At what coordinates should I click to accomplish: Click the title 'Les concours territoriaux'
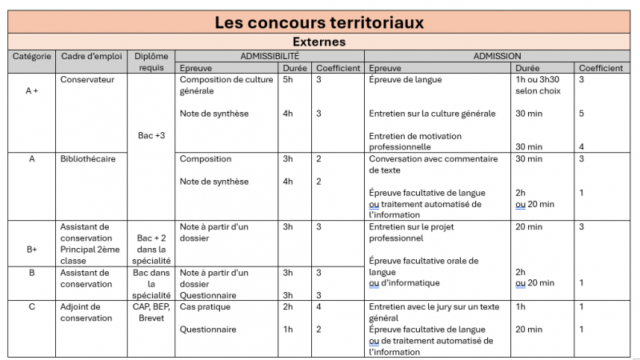319,22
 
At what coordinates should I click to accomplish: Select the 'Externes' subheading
319,42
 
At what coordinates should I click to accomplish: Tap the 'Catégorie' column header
32,57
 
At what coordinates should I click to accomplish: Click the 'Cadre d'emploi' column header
91,57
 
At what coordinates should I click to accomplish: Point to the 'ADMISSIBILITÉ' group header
270,56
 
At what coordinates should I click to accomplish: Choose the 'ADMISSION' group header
497,56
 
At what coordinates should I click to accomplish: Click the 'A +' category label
32,91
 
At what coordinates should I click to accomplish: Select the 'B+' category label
32,250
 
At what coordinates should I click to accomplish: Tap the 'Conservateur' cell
87,80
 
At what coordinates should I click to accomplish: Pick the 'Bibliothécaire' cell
88,159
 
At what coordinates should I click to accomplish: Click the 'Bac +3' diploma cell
151,136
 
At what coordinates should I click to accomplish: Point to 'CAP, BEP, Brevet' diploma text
151,312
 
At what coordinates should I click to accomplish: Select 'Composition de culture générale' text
226,86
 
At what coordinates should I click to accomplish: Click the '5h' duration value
288,80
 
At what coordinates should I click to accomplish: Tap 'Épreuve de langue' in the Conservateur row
405,80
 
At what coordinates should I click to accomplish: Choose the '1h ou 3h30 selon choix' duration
538,86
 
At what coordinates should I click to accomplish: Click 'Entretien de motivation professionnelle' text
415,142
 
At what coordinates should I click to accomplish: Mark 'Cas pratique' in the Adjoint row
205,306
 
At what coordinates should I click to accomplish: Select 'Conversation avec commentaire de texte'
432,165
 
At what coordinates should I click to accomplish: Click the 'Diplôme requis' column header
151,62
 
